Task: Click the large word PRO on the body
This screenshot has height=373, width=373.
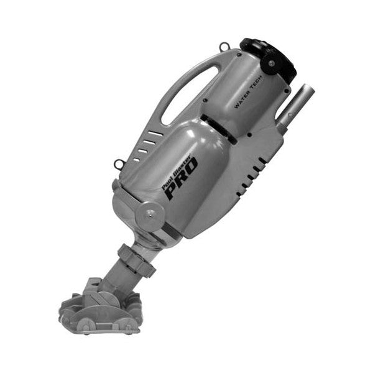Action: pos(182,178)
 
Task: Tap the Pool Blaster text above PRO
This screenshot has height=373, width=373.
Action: pos(177,172)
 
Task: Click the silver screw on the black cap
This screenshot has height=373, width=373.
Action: pos(271,63)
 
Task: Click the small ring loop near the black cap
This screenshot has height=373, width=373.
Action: pos(224,47)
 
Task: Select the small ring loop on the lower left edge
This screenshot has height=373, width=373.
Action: pos(118,164)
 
